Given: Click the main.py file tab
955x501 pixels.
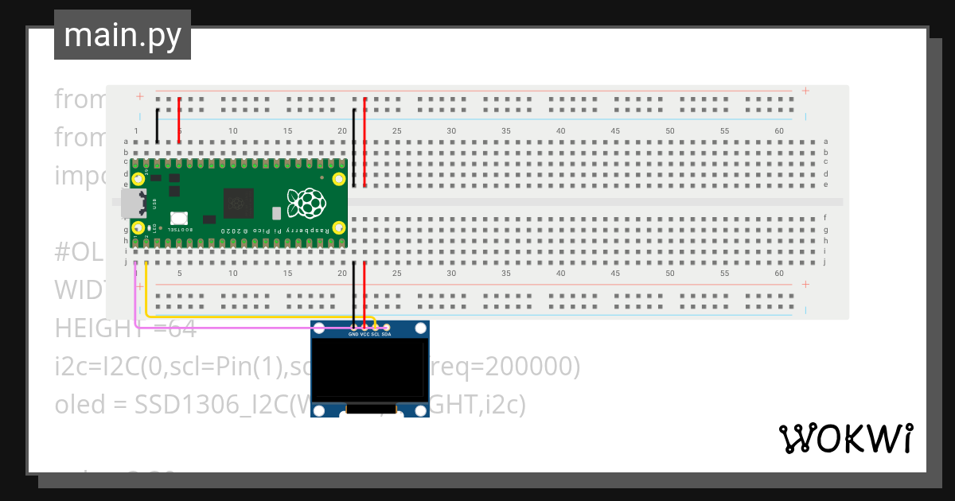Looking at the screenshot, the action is pyautogui.click(x=123, y=35).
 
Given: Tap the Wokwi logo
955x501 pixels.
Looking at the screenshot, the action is pyautogui.click(x=844, y=438).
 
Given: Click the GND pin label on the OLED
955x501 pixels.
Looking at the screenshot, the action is pyautogui.click(x=353, y=335).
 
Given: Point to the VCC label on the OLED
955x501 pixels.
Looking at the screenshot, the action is pyautogui.click(x=364, y=335).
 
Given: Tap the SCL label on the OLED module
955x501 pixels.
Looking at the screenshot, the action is pyautogui.click(x=375, y=335).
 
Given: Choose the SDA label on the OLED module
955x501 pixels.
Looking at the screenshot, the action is pyautogui.click(x=386, y=335).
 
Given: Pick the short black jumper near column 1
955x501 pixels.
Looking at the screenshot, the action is pyautogui.click(x=158, y=126).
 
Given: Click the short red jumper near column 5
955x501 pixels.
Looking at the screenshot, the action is pyautogui.click(x=179, y=121).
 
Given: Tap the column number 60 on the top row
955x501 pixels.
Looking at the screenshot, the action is pyautogui.click(x=779, y=130).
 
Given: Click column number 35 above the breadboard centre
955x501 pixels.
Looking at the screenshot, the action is pyautogui.click(x=505, y=130).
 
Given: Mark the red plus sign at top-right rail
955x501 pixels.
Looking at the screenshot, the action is pyautogui.click(x=805, y=91).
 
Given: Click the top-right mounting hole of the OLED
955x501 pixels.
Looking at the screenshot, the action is pyautogui.click(x=421, y=328).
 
